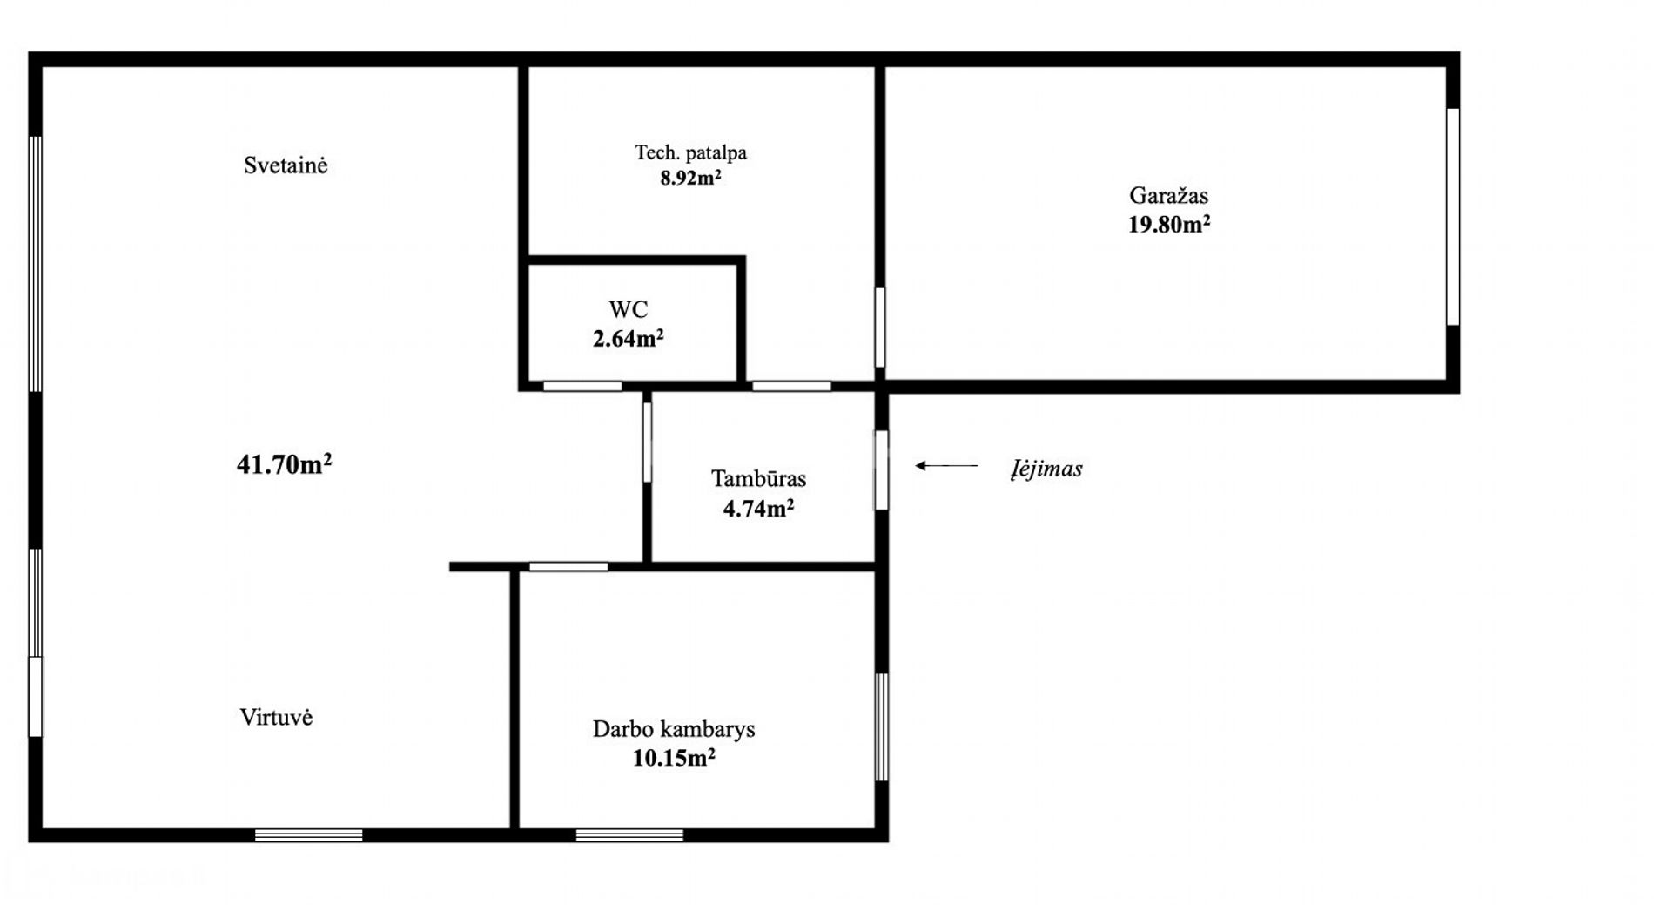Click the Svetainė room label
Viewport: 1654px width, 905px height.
click(286, 165)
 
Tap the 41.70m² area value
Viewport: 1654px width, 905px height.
click(284, 463)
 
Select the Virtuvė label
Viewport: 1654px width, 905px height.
click(276, 717)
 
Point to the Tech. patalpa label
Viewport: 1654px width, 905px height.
click(690, 153)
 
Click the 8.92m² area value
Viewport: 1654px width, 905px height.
click(690, 179)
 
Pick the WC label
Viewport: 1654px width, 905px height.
click(628, 309)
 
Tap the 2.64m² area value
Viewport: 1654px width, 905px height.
click(628, 338)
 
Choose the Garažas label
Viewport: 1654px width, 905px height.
click(1168, 195)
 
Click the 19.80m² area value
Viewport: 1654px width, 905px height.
click(1168, 224)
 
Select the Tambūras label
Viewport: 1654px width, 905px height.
click(758, 478)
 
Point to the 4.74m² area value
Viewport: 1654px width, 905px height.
click(758, 508)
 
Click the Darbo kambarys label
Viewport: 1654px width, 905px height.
click(674, 729)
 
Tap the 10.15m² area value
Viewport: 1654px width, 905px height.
click(674, 758)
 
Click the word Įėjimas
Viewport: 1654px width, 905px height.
click(1046, 469)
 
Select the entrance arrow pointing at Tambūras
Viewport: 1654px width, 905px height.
click(946, 466)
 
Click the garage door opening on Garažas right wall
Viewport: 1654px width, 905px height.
click(1452, 217)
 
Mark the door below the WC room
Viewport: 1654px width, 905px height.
click(582, 386)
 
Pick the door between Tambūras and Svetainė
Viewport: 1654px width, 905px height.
click(647, 442)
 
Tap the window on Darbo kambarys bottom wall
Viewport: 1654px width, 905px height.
click(629, 835)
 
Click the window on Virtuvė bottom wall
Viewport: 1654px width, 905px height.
click(309, 835)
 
